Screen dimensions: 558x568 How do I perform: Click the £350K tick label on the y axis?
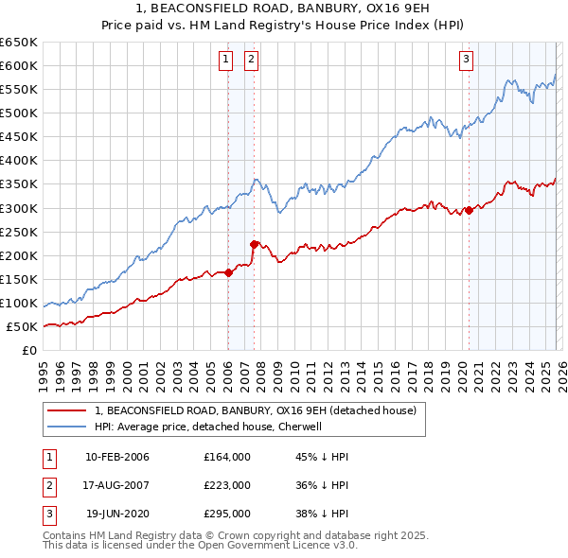tap(19, 184)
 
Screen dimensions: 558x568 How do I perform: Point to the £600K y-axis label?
tap(19, 65)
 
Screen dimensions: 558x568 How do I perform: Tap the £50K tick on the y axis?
tap(23, 327)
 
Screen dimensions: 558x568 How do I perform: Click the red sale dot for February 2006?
tap(228, 273)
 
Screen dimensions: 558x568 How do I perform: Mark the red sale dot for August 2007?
tap(254, 245)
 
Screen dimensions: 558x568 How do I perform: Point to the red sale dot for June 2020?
tap(470, 211)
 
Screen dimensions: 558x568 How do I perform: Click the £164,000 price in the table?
tap(227, 457)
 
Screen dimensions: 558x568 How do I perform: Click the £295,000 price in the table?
tap(227, 514)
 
